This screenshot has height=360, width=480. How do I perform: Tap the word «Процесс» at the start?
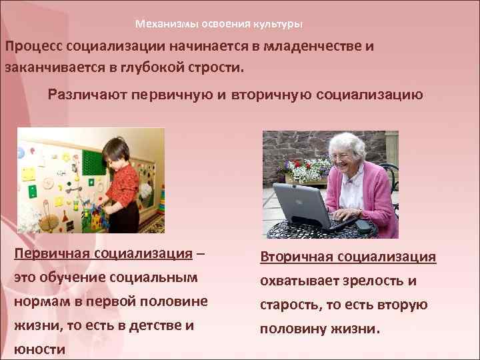pos(34,47)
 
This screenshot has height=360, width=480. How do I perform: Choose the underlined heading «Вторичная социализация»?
pos(348,257)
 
